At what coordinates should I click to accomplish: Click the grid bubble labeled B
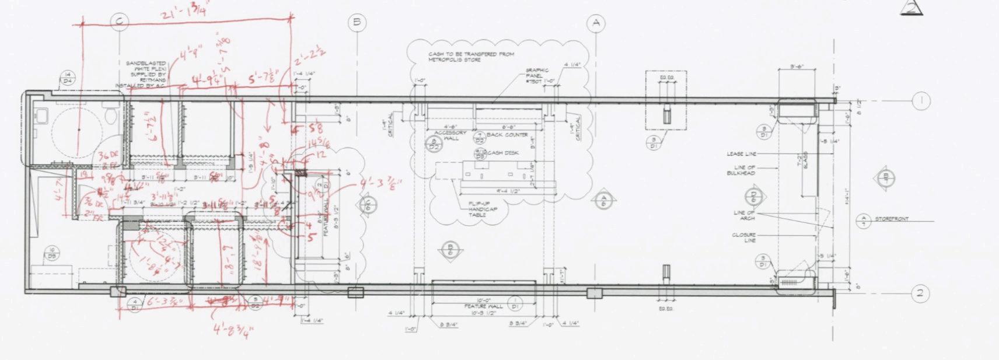point(357,23)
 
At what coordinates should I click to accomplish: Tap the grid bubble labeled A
point(596,23)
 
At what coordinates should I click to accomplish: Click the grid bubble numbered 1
point(920,101)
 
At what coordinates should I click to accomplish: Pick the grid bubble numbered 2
point(920,293)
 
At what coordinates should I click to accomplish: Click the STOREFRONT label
point(892,219)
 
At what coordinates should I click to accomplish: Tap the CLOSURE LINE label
point(744,237)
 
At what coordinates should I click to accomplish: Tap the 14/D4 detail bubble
point(68,78)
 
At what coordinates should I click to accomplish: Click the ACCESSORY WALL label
point(453,135)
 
